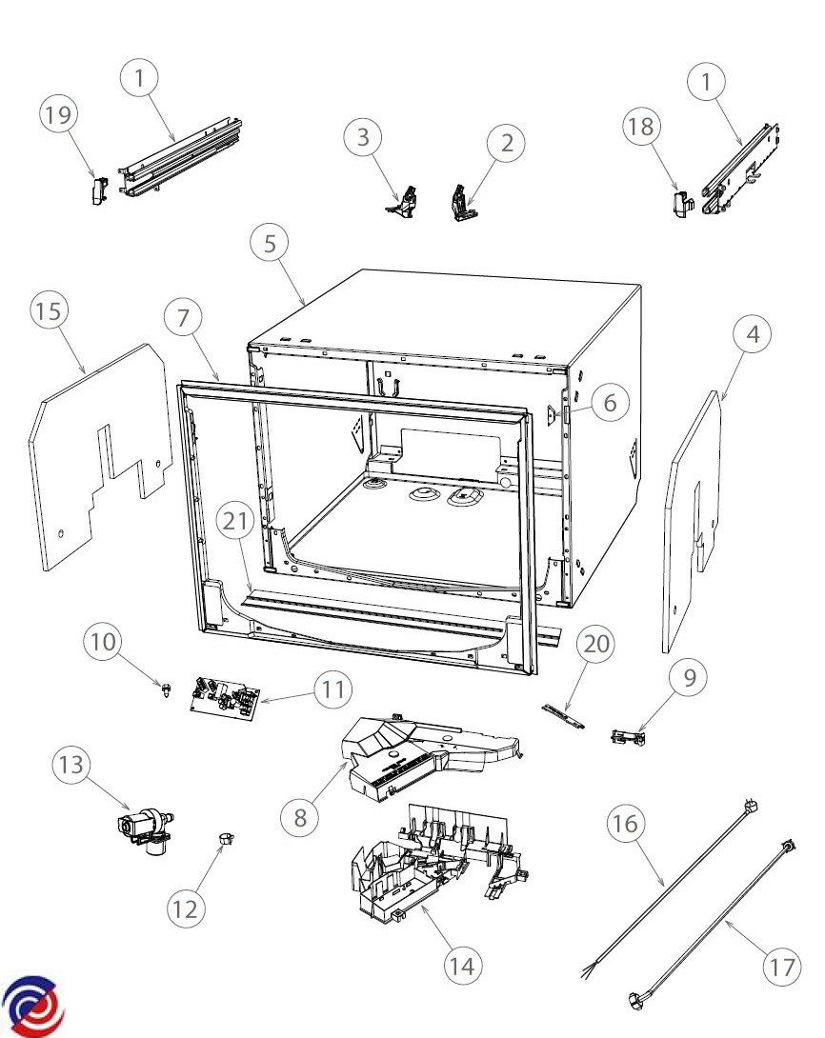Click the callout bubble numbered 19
click(x=58, y=116)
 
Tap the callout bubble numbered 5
click(x=271, y=244)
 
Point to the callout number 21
click(x=235, y=521)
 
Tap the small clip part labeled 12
click(x=226, y=839)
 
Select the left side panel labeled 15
click(x=95, y=457)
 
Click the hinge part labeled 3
click(x=407, y=200)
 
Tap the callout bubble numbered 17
click(x=782, y=967)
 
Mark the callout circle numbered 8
click(x=301, y=818)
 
